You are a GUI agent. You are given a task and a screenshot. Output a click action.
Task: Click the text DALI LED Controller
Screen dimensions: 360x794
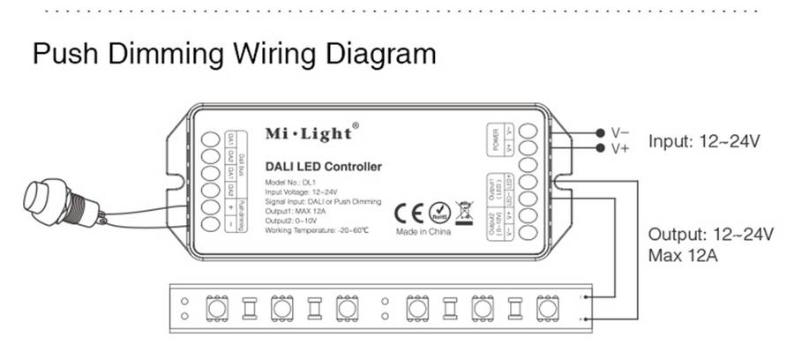point(323,166)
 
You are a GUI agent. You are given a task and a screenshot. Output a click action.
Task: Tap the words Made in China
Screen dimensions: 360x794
point(425,231)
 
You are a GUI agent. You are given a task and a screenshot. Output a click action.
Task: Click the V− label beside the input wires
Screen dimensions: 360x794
point(621,131)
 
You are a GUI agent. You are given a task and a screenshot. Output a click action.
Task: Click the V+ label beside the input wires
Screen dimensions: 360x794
point(621,147)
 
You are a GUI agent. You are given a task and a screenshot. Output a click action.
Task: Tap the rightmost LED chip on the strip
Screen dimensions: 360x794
point(546,308)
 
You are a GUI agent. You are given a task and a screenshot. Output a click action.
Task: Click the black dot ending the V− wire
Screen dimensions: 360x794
point(601,131)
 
